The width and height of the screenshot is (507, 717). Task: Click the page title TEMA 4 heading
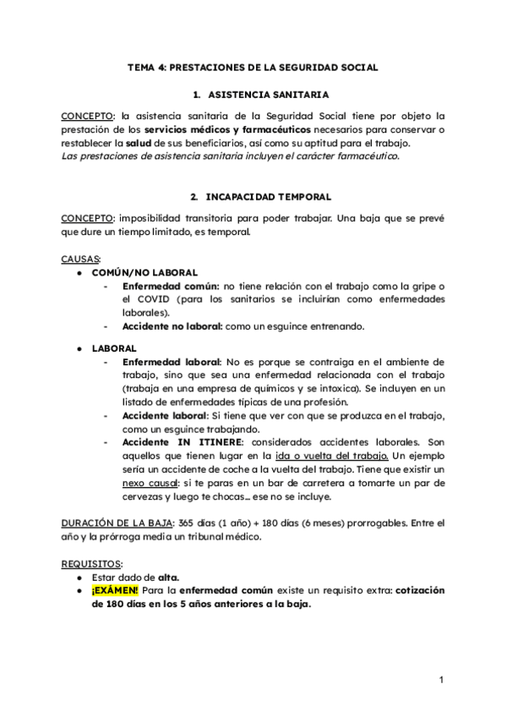coord(253,66)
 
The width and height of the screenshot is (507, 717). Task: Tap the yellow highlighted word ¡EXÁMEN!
coord(115,590)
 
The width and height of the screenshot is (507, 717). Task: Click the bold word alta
coord(169,577)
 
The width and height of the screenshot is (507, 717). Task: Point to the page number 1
coord(441,679)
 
